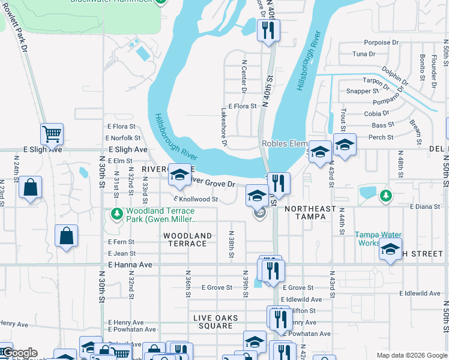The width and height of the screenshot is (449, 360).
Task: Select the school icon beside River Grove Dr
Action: tap(179, 174)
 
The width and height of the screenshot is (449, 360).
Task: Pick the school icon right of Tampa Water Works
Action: tap(390, 249)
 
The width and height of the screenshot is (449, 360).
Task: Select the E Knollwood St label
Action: tap(195, 199)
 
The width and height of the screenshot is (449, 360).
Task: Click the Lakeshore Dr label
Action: tap(224, 127)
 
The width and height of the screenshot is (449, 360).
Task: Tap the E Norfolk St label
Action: tap(124, 138)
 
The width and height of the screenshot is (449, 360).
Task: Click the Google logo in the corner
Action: tap(19, 353)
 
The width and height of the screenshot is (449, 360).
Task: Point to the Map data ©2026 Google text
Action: tap(411, 355)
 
